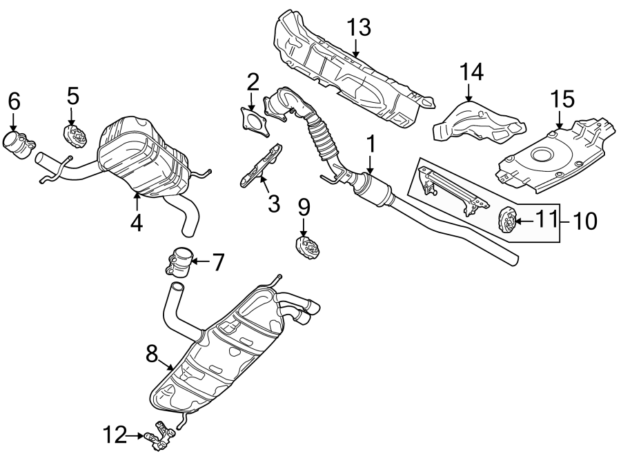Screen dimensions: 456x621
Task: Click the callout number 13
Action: coord(359,28)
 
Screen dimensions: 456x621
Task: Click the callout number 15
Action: coord(563,99)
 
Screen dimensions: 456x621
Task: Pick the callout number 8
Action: coord(153,354)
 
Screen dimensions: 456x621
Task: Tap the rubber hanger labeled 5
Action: coord(76,136)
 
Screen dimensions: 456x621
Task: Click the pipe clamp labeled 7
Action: coord(179,263)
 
